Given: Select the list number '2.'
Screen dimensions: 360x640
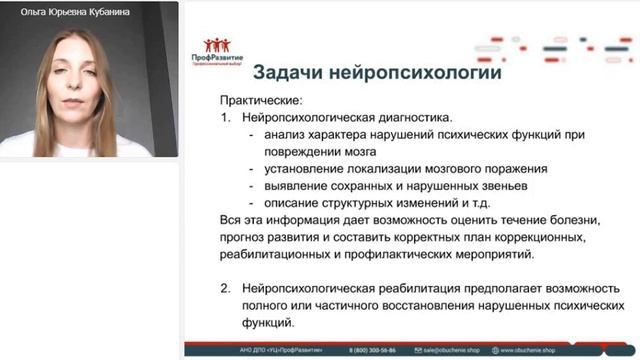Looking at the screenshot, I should pyautogui.click(x=225, y=287).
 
